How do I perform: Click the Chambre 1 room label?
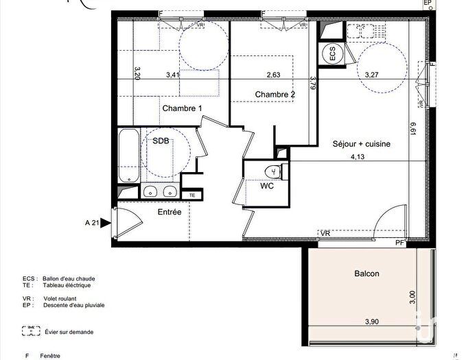coord(182,108)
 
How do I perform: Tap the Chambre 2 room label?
coord(275,94)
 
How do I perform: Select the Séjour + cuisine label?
coord(361,144)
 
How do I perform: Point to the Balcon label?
coord(366,274)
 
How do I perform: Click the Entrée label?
coord(170,213)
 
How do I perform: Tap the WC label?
coord(267,186)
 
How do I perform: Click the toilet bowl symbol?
coord(272,171)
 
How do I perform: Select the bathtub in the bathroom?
coord(128,156)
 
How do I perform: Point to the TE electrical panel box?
coord(193,195)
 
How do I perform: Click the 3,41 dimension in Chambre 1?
coord(175,75)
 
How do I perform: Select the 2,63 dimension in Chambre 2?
coord(274,75)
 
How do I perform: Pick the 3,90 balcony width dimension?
coord(372,322)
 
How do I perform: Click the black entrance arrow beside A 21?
coord(105,223)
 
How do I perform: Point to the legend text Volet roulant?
coord(60,299)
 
